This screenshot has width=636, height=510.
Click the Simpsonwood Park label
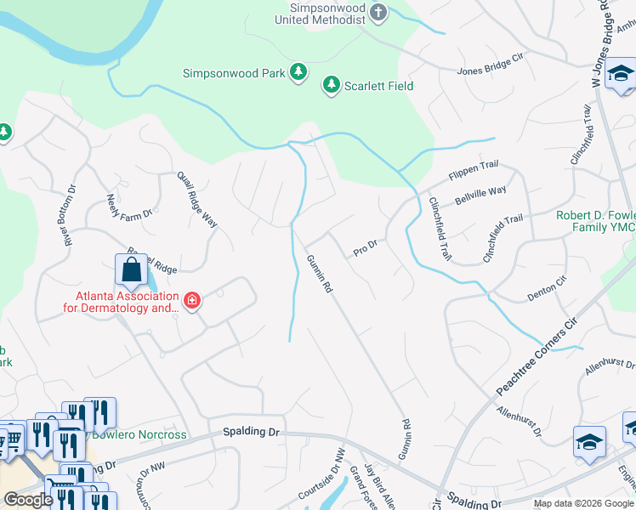click(x=234, y=74)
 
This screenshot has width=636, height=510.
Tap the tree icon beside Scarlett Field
click(x=330, y=85)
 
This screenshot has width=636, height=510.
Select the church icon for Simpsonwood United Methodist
click(x=379, y=13)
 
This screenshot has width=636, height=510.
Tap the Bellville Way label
click(x=480, y=195)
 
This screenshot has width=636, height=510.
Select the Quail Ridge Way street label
click(x=196, y=199)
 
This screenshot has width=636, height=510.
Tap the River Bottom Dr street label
click(x=66, y=216)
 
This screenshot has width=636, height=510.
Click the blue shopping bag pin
click(x=131, y=271)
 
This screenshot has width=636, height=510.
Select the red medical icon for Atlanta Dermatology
click(x=191, y=301)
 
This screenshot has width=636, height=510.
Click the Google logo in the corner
click(x=28, y=500)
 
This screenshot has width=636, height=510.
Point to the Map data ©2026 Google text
click(x=582, y=503)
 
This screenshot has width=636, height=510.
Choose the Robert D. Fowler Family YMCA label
click(x=595, y=222)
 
